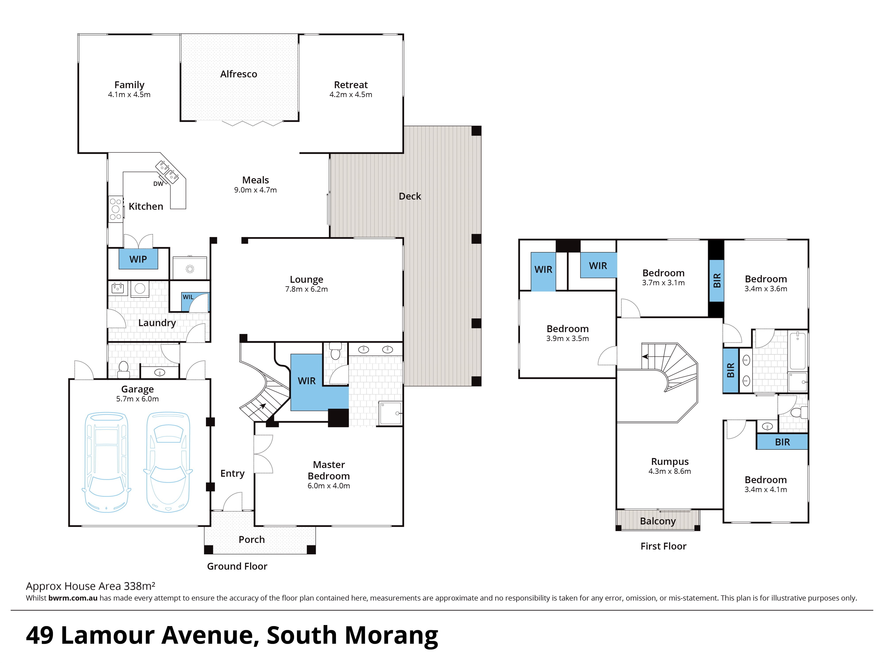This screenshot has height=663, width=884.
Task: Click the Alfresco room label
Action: pos(239,74)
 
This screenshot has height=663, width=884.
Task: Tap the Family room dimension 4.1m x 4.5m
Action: pos(129,95)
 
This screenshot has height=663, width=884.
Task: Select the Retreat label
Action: pos(351,85)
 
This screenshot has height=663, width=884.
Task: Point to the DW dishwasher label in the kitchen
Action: pos(158,184)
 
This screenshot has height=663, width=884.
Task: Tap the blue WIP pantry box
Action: pos(138,259)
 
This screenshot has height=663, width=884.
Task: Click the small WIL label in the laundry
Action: pos(188,297)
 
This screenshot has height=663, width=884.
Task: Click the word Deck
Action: pos(410,196)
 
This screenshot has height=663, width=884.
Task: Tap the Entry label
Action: pos(232,474)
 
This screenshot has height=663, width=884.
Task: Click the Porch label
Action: pos(252,539)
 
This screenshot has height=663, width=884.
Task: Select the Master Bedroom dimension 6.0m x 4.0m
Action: pos(329,486)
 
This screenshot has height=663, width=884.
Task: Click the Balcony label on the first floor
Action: pos(658,521)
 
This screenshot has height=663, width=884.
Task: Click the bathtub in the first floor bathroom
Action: pos(798,350)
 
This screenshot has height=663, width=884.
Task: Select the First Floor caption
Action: pos(663,546)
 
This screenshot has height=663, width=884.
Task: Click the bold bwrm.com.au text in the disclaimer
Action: pos(73,598)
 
